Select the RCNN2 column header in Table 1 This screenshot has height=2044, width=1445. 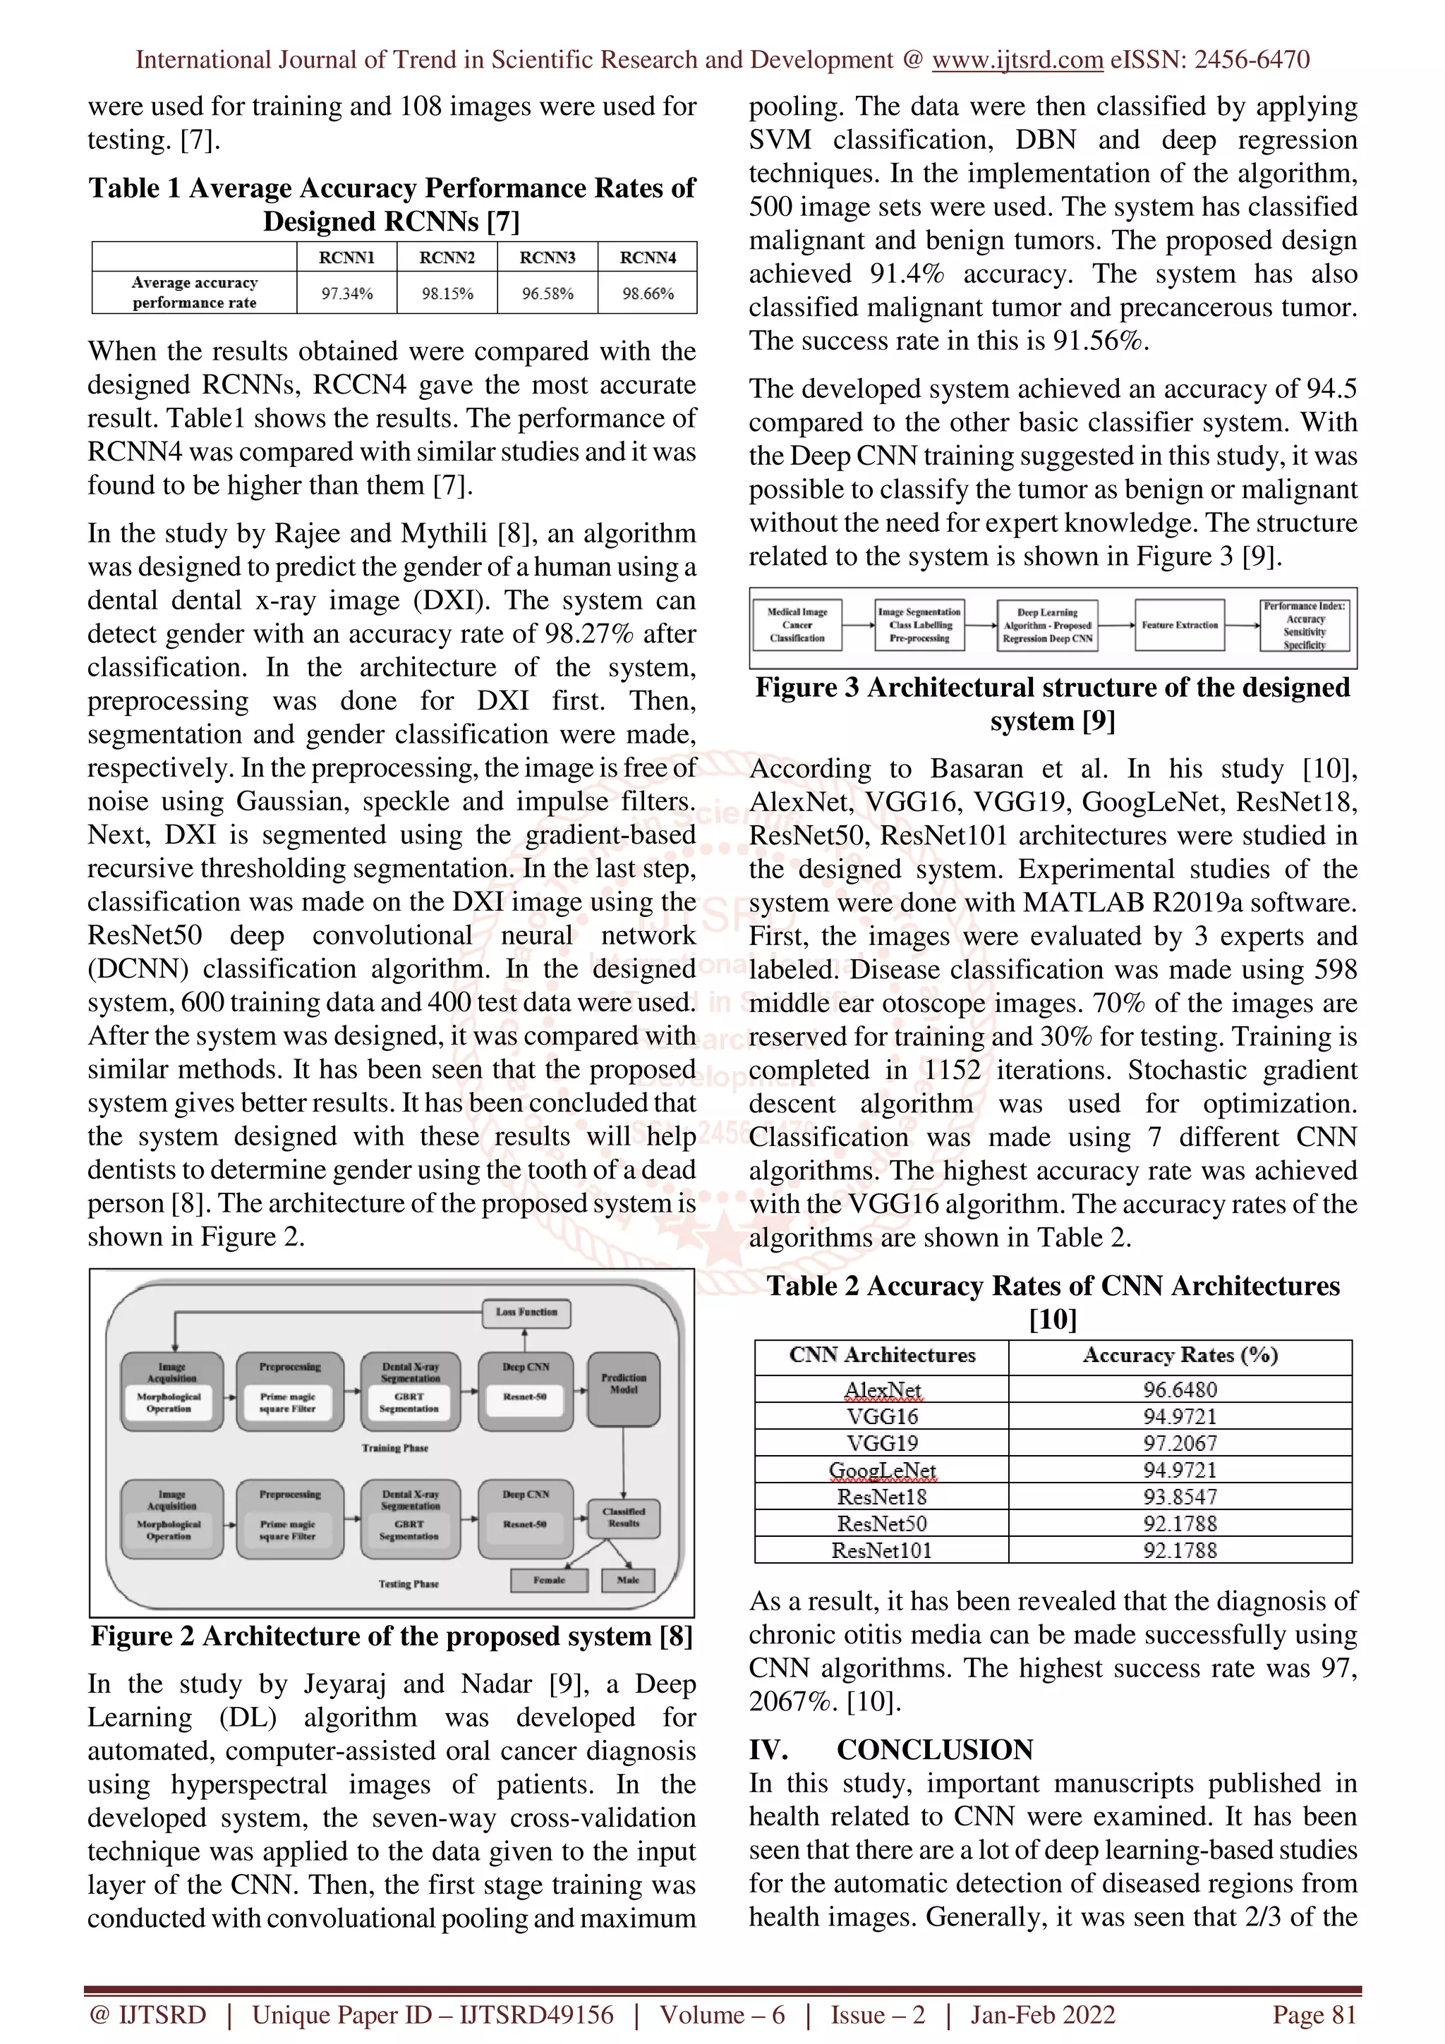click(447, 257)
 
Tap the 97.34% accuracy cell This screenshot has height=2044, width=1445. click(346, 293)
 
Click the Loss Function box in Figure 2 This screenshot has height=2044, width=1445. click(526, 1311)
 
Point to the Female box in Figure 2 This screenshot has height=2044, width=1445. click(550, 1579)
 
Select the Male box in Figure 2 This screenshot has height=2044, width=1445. click(628, 1579)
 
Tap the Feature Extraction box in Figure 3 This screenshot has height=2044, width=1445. click(1180, 625)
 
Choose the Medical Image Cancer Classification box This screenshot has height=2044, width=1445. click(797, 625)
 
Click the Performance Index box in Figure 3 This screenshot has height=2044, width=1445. click(1305, 625)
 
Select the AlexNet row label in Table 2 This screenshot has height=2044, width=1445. click(883, 1389)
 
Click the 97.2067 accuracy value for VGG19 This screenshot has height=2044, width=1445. click(1180, 1443)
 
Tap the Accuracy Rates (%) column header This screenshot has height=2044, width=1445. click(1180, 1355)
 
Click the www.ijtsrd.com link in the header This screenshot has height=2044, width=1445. click(1017, 60)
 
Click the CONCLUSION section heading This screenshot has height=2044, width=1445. click(934, 1749)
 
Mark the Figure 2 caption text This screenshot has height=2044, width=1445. click(392, 1636)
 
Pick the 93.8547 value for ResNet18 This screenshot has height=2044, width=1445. click(1180, 1497)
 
